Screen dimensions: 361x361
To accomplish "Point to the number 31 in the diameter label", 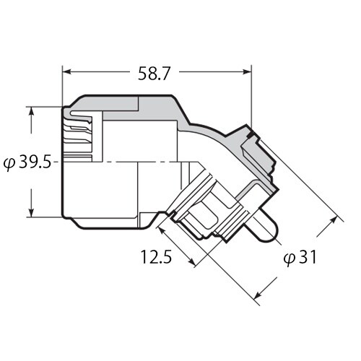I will pyautogui.click(x=308, y=256).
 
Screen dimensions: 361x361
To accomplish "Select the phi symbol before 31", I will pyautogui.click(x=288, y=257).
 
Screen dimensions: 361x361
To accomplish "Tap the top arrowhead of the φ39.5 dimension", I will pyautogui.click(x=32, y=110).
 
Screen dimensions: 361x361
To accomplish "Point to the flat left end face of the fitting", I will pyautogui.click(x=64, y=162).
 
